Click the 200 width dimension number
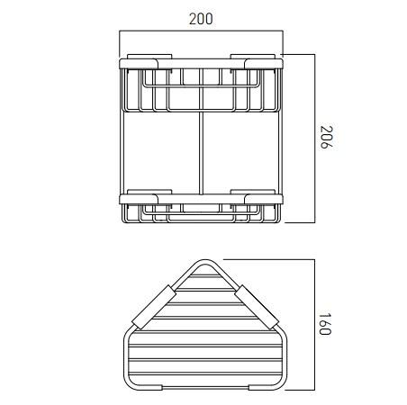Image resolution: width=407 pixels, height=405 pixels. point(202,19)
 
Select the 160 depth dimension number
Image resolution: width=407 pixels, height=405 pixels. point(325,325)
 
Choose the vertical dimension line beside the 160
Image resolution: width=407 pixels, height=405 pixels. point(312,325)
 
